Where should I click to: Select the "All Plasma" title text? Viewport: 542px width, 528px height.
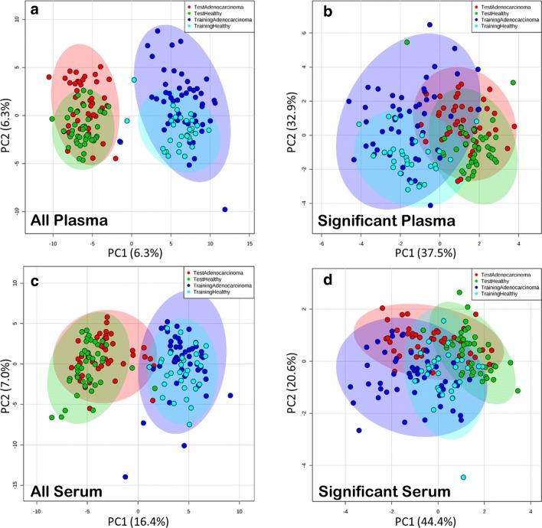coord(69,222)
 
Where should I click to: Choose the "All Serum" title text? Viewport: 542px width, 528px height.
coord(65,487)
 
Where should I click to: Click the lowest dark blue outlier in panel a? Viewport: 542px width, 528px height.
coord(225,209)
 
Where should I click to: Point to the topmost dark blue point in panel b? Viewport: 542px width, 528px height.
coord(430,25)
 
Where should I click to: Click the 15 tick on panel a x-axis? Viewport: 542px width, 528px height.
coord(250,244)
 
